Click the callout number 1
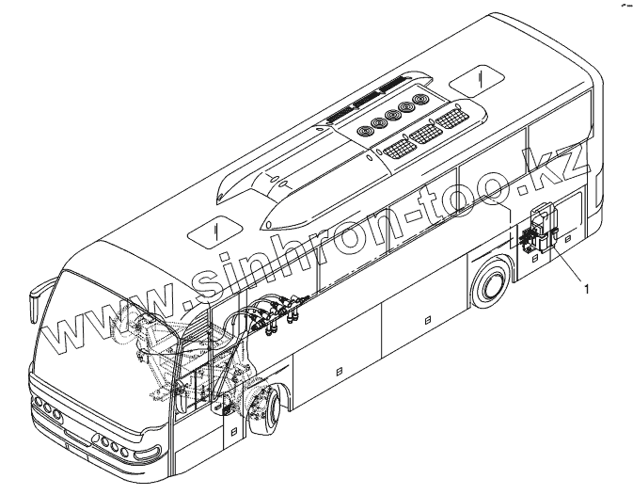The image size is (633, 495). [588, 289]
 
